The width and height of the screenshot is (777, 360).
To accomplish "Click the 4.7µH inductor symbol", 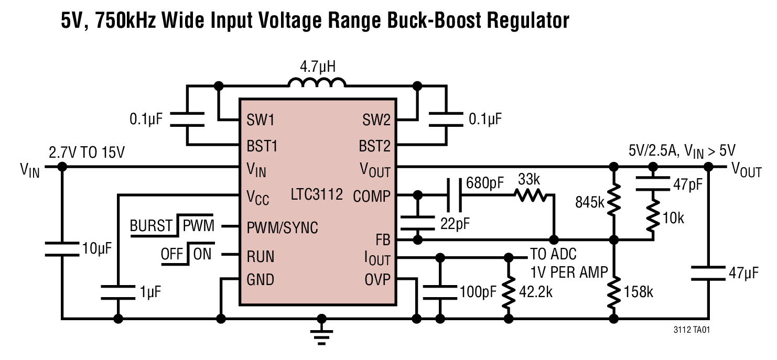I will click(x=317, y=82).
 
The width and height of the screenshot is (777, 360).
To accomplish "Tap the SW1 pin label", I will click(x=261, y=121).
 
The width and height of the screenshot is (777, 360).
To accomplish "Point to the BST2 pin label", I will click(x=374, y=145).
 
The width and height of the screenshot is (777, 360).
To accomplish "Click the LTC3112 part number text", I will click(x=317, y=195).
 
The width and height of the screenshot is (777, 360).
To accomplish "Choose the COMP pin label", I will click(x=372, y=196).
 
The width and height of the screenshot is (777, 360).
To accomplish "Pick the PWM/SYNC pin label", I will click(x=282, y=228).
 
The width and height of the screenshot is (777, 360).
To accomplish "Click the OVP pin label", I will click(x=377, y=280).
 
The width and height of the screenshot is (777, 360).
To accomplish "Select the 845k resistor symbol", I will click(x=614, y=202).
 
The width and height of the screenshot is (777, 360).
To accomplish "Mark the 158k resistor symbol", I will click(x=614, y=292).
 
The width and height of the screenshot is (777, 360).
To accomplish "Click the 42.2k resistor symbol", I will click(x=508, y=292).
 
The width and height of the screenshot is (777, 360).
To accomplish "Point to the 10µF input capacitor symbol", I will click(x=62, y=248).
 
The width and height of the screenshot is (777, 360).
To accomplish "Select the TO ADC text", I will click(x=554, y=255).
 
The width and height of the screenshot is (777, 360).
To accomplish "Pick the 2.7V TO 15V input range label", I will click(x=87, y=153).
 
